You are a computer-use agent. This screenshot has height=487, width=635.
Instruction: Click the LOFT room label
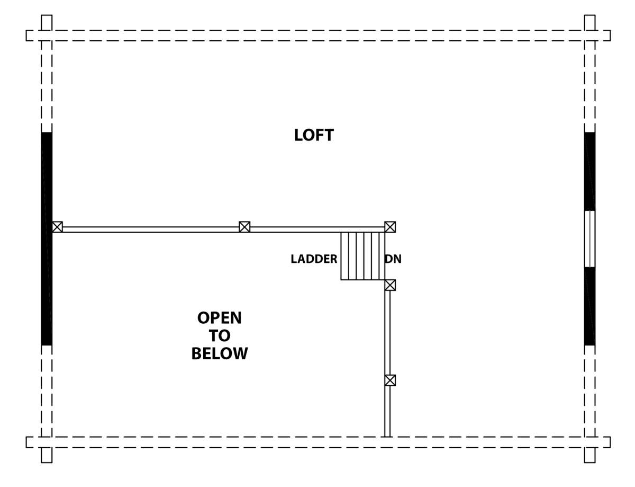314,135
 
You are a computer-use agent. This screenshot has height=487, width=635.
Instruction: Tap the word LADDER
314,259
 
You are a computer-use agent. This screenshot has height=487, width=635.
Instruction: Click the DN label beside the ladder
393,259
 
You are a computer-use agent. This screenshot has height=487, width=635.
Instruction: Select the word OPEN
219,318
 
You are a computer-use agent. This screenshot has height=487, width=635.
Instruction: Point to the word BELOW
219,353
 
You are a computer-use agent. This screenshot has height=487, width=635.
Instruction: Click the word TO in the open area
219,336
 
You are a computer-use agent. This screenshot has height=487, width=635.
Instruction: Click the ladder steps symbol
362,255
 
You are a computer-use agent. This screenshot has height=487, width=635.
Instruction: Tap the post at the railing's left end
57,227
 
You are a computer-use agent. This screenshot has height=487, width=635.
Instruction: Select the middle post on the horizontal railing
244,227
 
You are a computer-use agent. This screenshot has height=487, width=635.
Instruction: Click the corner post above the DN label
390,227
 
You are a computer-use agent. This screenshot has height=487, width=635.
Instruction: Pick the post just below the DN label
390,285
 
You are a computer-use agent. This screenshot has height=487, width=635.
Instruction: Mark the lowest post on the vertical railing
390,380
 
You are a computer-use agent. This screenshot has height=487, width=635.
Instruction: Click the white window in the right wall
589,238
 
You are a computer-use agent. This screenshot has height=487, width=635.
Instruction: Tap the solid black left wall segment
47,238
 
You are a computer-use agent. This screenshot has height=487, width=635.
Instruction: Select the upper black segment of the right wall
589,171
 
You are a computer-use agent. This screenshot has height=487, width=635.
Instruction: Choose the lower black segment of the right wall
589,306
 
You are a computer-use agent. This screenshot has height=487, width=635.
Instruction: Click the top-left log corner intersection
47,36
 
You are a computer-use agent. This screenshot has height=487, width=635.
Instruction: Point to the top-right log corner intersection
589,36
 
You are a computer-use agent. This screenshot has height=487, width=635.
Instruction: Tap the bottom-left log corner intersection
47,442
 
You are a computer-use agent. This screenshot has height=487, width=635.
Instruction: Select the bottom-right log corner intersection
589,442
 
